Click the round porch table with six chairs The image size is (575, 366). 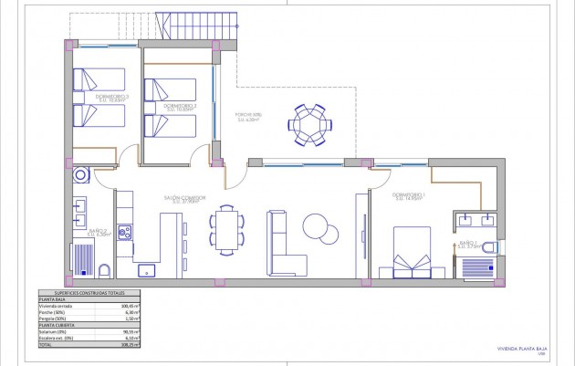pos(308,124)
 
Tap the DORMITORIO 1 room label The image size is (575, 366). pos(408,196)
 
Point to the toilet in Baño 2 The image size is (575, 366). pos(104,270)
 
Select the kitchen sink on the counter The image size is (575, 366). pos(146,270)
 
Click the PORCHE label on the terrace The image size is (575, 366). pos(250,114)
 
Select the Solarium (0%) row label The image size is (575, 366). pos(52,331)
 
